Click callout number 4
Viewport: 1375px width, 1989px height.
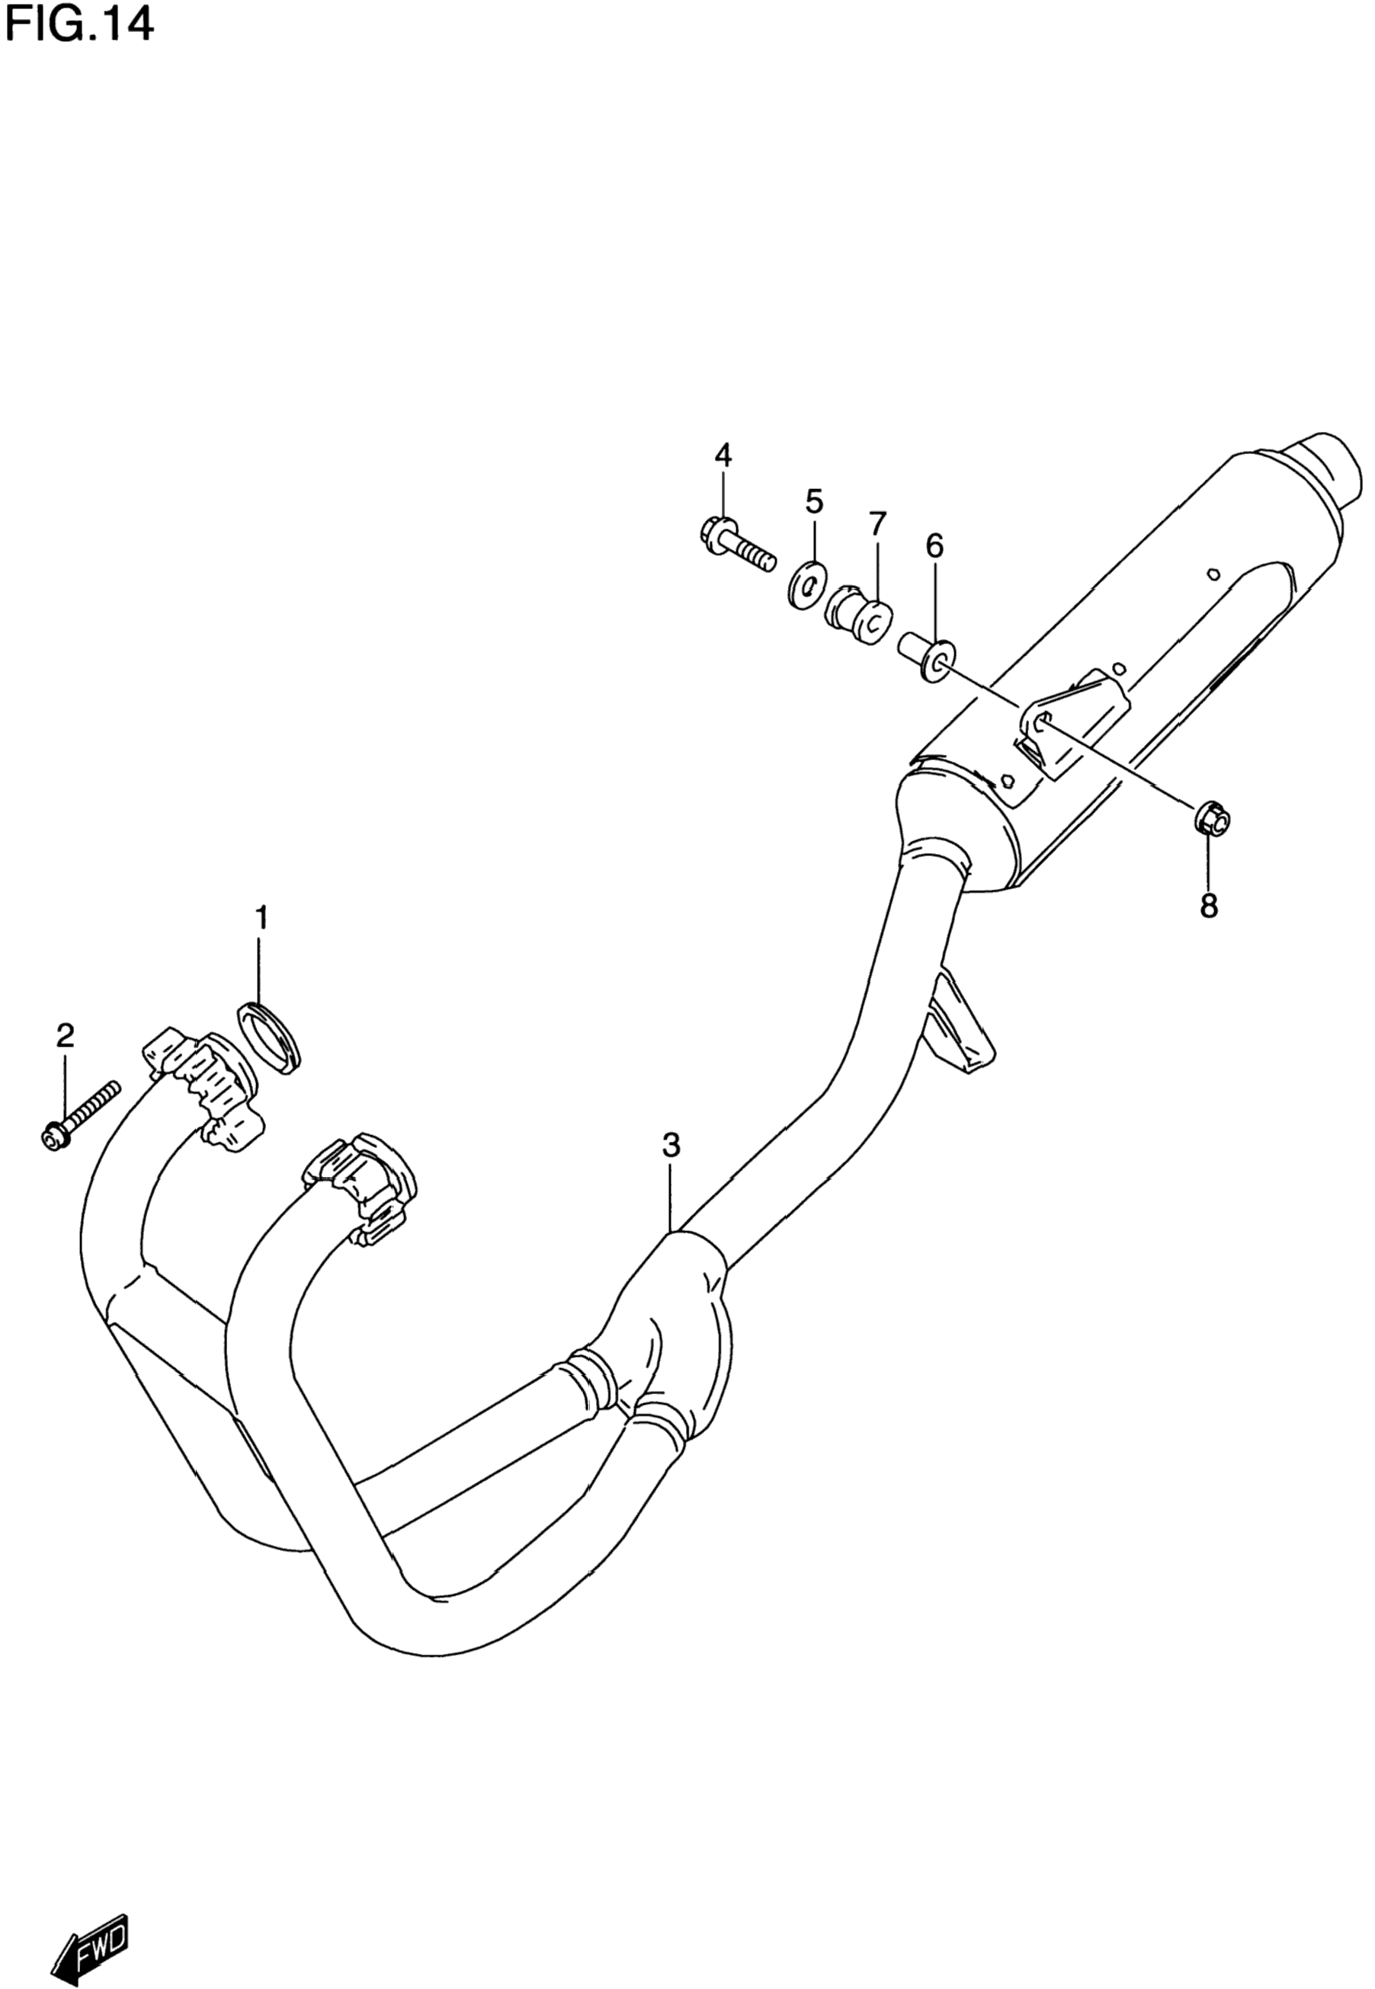722,455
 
